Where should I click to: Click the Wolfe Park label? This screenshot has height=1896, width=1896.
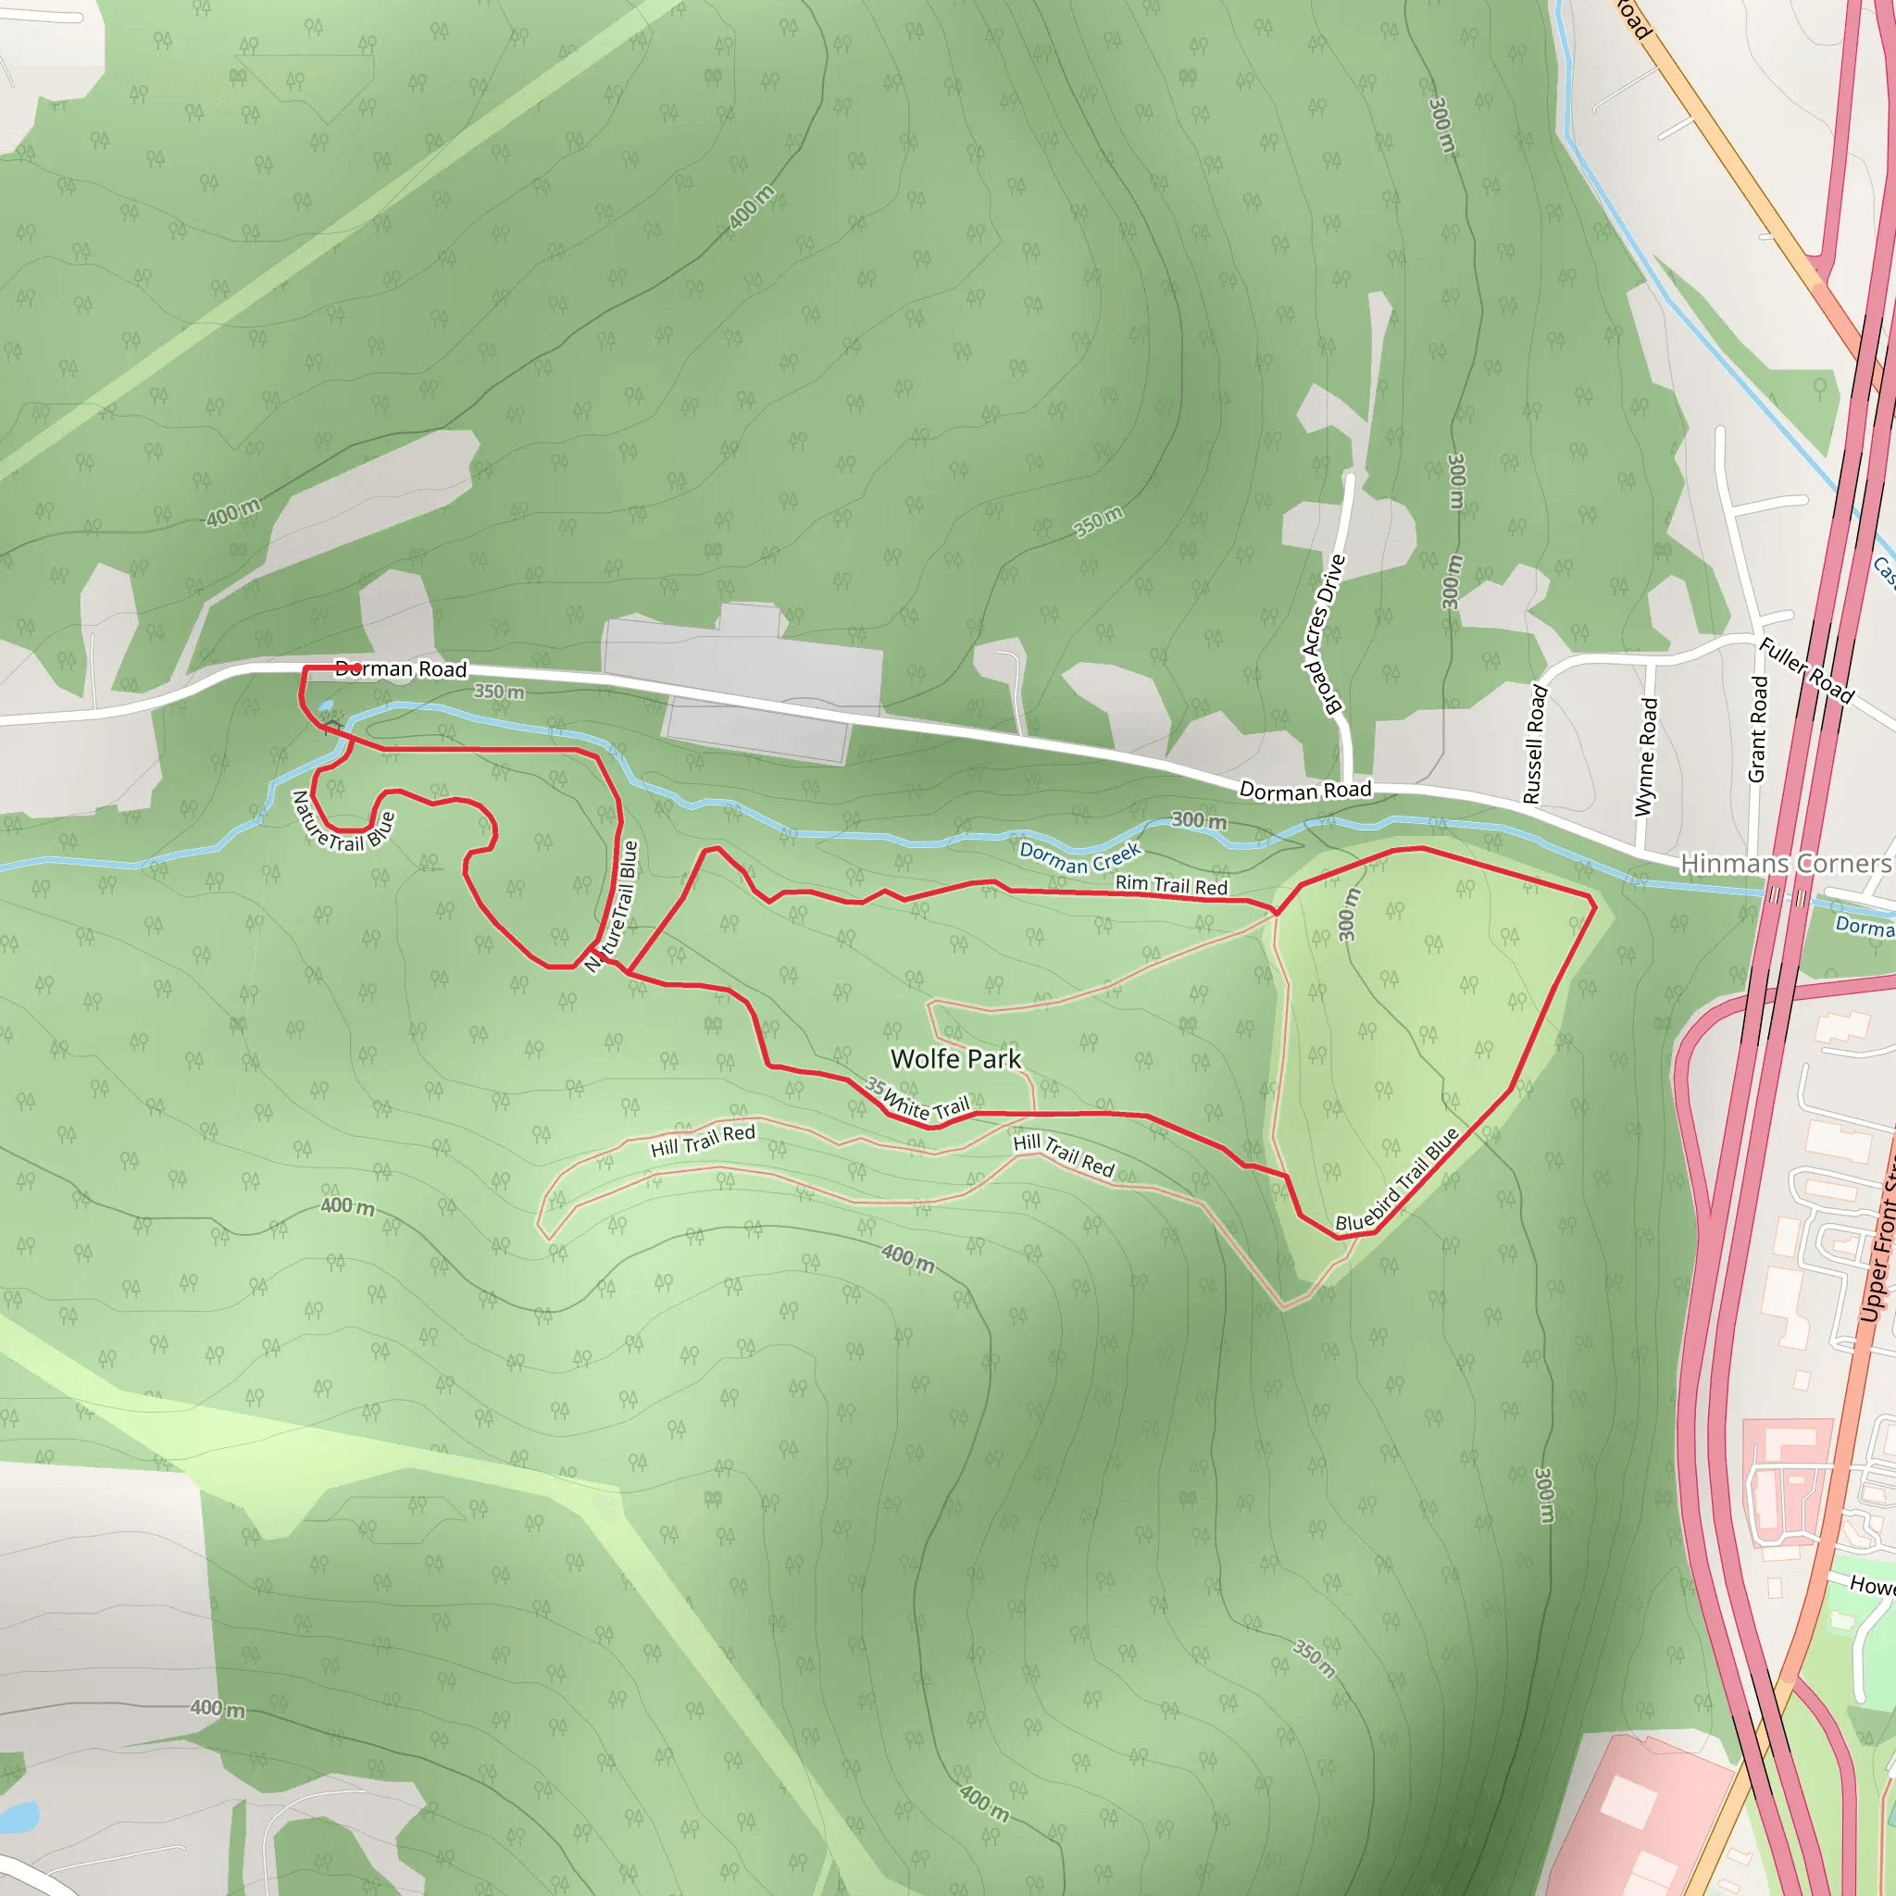point(954,1059)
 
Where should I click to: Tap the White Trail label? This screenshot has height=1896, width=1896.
point(927,1105)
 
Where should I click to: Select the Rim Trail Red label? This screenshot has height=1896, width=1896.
point(1171,884)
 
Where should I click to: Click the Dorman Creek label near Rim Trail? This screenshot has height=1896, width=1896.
point(1079,856)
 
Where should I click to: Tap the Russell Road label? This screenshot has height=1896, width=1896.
point(1535,745)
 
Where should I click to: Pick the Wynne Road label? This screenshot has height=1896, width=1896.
point(1646,756)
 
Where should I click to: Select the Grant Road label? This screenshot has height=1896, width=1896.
point(1758,729)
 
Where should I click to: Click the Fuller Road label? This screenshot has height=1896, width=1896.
point(1805,670)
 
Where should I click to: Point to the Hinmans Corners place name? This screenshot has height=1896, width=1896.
point(1785,864)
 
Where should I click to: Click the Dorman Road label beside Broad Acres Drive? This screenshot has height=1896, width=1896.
point(1304,790)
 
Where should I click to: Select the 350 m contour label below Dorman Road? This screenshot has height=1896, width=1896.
point(499,692)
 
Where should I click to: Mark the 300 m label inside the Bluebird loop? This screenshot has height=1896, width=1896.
point(1351,914)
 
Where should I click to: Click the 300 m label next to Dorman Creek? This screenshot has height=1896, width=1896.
point(1198,820)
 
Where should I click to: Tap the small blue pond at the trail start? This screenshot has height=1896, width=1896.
point(326,705)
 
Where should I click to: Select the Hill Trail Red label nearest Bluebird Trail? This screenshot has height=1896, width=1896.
point(1064,1155)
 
